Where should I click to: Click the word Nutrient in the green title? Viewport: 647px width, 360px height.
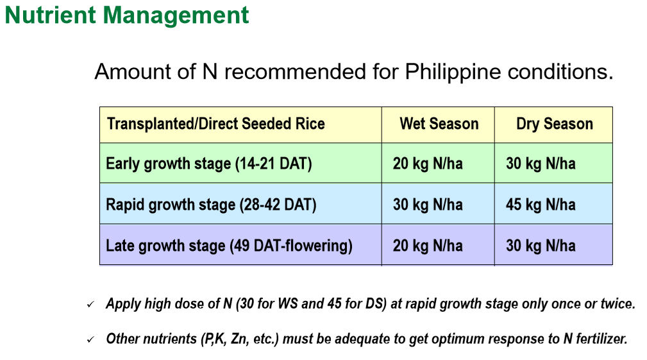[x=51, y=15]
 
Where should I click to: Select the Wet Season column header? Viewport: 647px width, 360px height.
[x=439, y=123]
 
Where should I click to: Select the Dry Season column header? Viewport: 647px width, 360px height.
[x=555, y=124]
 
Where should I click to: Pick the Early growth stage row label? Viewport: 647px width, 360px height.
[x=209, y=164]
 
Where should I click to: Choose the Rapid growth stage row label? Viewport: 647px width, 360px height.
[x=211, y=205]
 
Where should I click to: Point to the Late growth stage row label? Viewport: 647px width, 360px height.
[x=229, y=246]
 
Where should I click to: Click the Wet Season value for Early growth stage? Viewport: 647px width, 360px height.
[x=428, y=164]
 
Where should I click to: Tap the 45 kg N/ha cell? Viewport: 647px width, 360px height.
[x=541, y=205]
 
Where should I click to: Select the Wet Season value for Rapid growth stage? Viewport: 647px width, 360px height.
[x=428, y=205]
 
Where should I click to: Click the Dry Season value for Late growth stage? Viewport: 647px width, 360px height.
[x=541, y=246]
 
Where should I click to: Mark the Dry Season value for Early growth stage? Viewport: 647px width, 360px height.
[x=541, y=164]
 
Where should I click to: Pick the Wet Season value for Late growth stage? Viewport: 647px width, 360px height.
[x=428, y=246]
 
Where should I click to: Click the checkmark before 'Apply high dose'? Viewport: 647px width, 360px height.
[x=91, y=305]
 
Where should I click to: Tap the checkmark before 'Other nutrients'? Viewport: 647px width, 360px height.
[x=91, y=339]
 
